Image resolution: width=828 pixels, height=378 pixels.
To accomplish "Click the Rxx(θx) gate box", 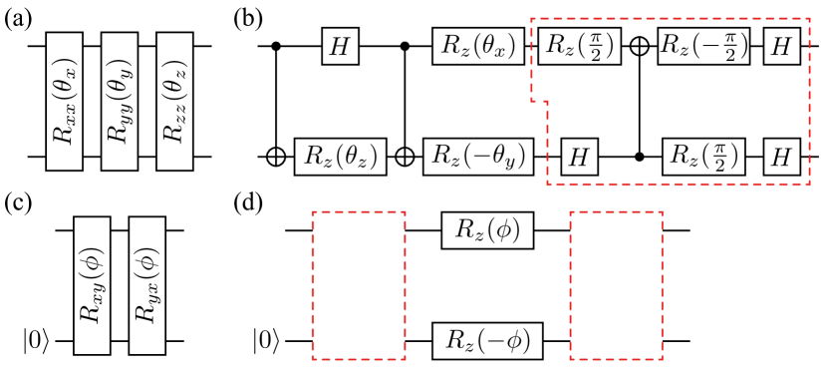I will [x=65, y=102].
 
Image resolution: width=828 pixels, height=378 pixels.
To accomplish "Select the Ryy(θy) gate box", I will [x=120, y=102].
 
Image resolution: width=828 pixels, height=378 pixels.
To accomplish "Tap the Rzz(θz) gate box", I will [x=174, y=102].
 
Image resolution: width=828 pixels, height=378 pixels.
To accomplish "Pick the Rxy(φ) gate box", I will [x=92, y=285].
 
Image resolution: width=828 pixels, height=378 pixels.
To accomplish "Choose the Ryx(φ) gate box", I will [x=146, y=285].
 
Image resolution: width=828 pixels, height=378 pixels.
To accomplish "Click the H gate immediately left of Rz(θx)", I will [x=340, y=47].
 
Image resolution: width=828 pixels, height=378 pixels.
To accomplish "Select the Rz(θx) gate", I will [x=477, y=47].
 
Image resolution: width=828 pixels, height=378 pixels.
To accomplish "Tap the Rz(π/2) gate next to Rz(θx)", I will [x=579, y=47].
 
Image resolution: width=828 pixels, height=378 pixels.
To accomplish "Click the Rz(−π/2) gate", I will [x=703, y=47].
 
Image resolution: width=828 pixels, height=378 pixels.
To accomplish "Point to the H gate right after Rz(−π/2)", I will [x=782, y=47].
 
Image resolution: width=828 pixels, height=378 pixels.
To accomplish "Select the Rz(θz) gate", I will [x=340, y=157].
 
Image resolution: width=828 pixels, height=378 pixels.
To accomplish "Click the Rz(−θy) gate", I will [x=477, y=157].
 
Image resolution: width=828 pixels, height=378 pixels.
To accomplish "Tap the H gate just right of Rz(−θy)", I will [x=579, y=157].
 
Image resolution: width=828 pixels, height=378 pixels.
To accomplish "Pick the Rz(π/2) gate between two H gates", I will [x=703, y=157].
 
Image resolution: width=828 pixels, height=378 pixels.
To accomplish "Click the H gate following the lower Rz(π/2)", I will [x=782, y=157].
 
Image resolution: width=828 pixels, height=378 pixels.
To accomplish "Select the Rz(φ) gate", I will [x=487, y=230].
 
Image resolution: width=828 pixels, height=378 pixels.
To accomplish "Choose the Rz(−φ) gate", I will [x=487, y=341].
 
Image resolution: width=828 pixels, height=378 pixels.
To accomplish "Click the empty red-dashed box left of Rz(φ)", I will [x=359, y=285].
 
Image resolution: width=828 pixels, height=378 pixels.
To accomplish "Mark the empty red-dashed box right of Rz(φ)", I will [x=616, y=285].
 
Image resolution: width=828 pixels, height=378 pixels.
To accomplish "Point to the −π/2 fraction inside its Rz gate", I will [x=729, y=47].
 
